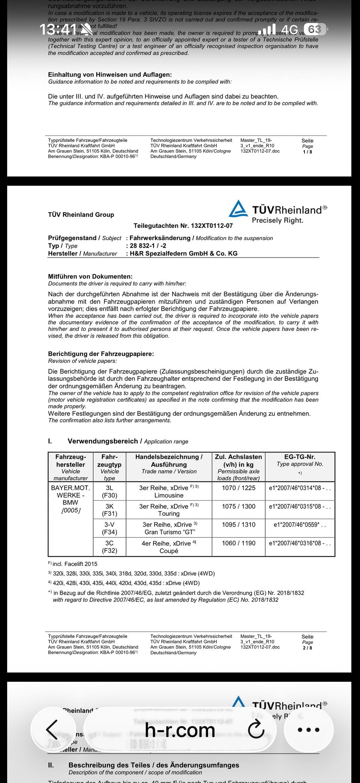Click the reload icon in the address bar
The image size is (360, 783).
256,729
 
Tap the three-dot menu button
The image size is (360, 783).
308,730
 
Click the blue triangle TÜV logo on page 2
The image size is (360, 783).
238,209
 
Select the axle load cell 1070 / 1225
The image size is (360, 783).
238,488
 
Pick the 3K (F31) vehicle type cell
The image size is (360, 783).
109,510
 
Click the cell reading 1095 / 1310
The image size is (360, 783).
238,525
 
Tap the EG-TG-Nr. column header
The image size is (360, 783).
300,457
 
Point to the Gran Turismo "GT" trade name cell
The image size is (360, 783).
169,528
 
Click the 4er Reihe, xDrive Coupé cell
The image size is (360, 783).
169,547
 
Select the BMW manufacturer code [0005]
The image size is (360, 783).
70,510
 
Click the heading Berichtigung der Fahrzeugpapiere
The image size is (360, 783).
101,354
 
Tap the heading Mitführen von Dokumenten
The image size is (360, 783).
90,277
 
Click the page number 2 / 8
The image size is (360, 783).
307,648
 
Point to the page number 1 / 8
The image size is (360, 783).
307,152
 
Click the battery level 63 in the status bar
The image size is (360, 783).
314,29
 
